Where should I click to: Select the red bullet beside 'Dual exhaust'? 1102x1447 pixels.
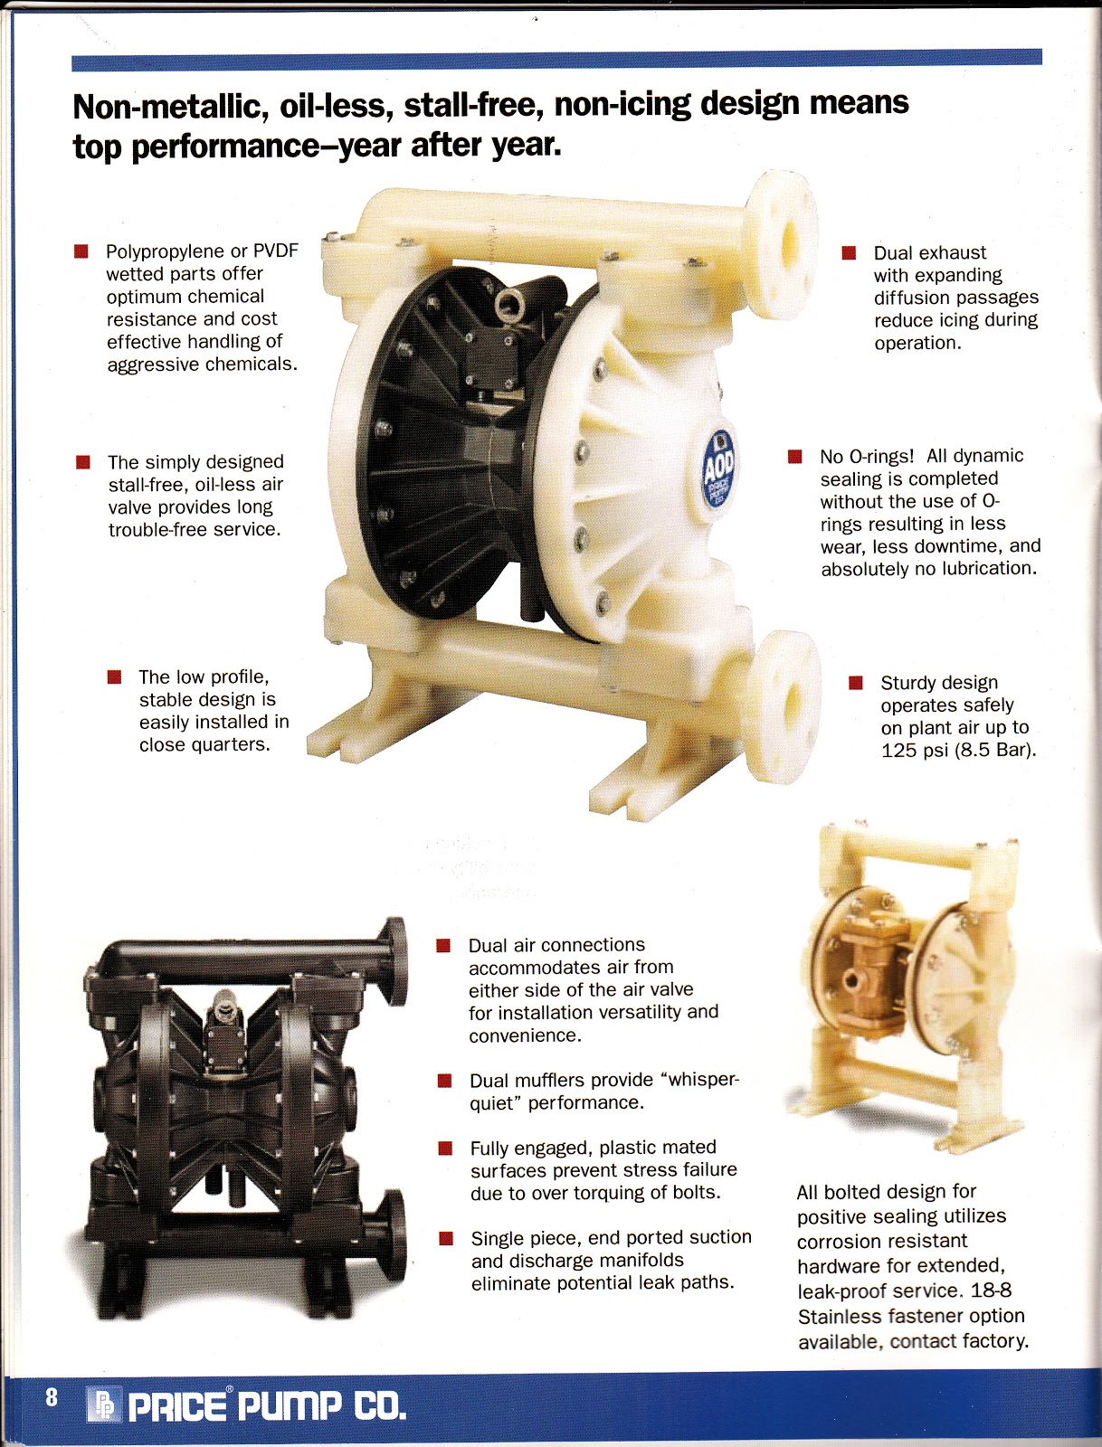(849, 252)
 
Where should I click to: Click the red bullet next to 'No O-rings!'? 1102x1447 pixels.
(794, 456)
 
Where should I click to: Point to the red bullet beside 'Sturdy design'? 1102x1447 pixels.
(855, 682)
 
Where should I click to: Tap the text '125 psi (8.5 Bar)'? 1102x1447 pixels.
(958, 751)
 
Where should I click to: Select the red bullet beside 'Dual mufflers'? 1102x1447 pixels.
(444, 1081)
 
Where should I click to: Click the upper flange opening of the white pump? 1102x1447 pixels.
(789, 244)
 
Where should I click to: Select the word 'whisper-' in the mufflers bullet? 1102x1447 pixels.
(699, 1081)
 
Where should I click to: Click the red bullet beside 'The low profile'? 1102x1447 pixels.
(114, 677)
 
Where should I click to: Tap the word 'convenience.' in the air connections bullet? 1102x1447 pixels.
(525, 1036)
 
